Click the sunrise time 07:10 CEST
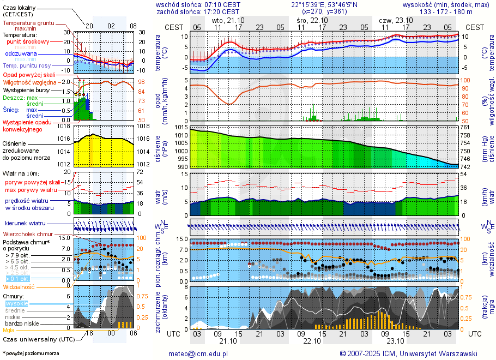220,4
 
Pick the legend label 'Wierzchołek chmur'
31,234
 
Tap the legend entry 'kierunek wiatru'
25,224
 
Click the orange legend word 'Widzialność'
19,286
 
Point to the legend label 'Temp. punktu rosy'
27,65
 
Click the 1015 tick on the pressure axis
182,127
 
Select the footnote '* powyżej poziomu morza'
31,353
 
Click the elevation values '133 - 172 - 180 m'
446,11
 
